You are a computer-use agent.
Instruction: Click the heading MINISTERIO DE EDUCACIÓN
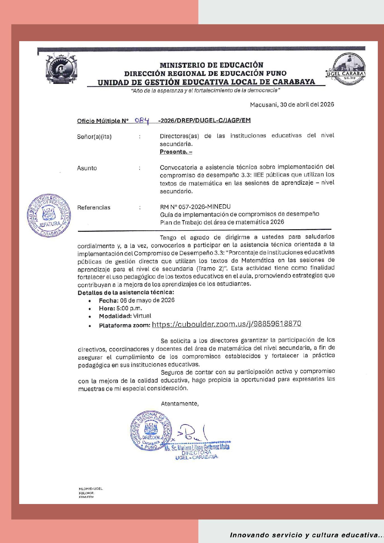pyautogui.click(x=211, y=65)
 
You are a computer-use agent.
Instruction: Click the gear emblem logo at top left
pyautogui.click(x=61, y=69)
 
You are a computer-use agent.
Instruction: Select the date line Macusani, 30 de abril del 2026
pyautogui.click(x=292, y=105)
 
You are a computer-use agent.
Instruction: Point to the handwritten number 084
pyautogui.click(x=142, y=120)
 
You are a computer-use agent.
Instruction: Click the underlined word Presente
pyautogui.click(x=176, y=152)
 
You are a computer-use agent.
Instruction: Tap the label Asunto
pyautogui.click(x=87, y=168)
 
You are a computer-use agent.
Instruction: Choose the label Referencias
pyautogui.click(x=94, y=208)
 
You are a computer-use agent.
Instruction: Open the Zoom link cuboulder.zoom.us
pyautogui.click(x=227, y=324)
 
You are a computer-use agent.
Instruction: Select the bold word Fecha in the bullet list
pyautogui.click(x=108, y=300)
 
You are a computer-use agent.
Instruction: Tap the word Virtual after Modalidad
pyautogui.click(x=142, y=316)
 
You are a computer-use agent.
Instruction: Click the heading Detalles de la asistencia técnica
pyautogui.click(x=126, y=292)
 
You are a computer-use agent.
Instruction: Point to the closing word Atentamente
pyautogui.click(x=180, y=403)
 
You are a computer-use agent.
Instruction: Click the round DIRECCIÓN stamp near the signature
pyautogui.click(x=151, y=431)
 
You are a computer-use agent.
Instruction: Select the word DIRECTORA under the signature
pyautogui.click(x=196, y=453)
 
